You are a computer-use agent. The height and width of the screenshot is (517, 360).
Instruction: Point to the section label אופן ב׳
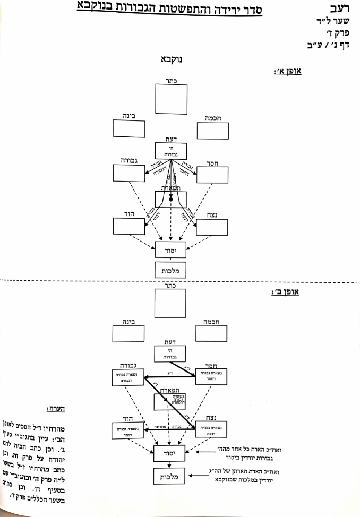pos(286,292)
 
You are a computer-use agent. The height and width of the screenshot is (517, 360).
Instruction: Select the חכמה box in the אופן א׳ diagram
pos(212,130)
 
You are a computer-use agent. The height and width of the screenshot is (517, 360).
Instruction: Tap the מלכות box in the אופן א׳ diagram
pos(170,270)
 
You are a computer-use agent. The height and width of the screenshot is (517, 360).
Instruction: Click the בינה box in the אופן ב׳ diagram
pos(128,334)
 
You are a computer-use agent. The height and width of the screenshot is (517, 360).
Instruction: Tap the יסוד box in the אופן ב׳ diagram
pos(170,454)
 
